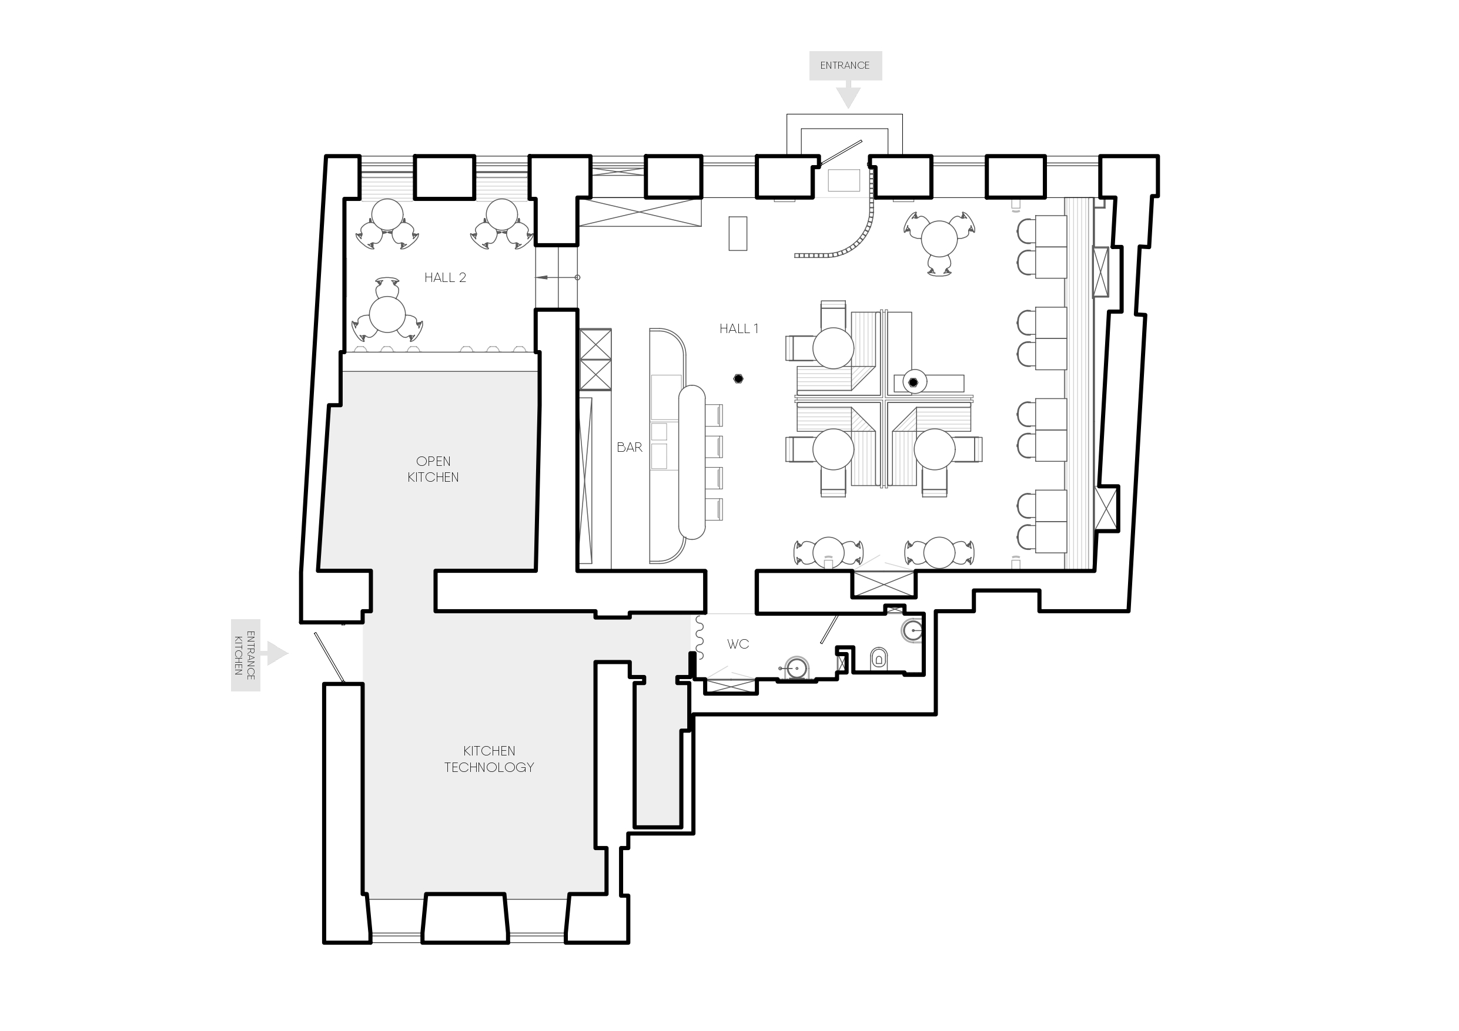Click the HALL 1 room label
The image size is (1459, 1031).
(738, 329)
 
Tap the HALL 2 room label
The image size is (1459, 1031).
(445, 278)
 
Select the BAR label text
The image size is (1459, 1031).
(629, 447)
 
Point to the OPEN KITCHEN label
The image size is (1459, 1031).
(433, 469)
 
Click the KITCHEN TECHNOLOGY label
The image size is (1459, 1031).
(488, 759)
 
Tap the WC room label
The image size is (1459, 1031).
(738, 644)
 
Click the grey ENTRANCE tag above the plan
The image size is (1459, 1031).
(845, 65)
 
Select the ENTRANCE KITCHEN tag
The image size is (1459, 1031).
(245, 654)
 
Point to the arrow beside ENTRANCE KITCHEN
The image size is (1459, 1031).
(277, 653)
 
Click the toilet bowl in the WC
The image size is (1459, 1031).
(878, 658)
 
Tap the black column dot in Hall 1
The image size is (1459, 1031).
(738, 378)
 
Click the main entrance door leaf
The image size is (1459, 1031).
(840, 154)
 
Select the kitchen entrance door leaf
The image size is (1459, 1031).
(329, 657)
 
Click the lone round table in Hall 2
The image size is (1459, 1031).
(387, 314)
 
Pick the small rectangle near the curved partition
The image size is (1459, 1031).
(738, 233)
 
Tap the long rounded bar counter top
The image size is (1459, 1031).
(692, 462)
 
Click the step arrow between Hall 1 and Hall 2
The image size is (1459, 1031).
(557, 278)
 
